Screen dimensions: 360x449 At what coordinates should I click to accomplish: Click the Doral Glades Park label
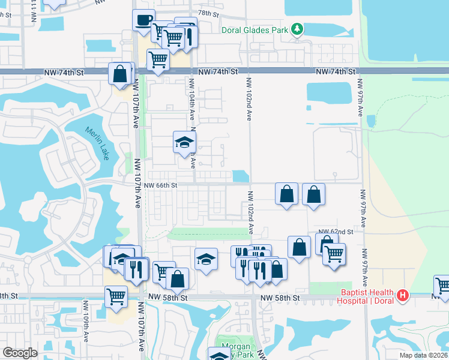pos(255,30)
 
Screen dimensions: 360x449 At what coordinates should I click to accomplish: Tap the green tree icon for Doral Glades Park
pos(297,29)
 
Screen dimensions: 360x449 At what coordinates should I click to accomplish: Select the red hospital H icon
pos(403,295)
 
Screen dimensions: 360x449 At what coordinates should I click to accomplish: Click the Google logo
pos(20,353)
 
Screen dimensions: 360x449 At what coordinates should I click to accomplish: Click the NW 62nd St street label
pos(334,231)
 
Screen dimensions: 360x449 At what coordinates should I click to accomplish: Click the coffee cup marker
pos(143,19)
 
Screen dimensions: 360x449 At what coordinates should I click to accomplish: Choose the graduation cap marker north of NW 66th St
pos(184,142)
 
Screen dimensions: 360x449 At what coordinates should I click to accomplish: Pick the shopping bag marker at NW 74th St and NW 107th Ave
pos(120,74)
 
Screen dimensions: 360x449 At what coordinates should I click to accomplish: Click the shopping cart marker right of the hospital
pos(443,286)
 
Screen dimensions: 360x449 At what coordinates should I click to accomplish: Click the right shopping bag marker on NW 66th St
pos(313,194)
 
